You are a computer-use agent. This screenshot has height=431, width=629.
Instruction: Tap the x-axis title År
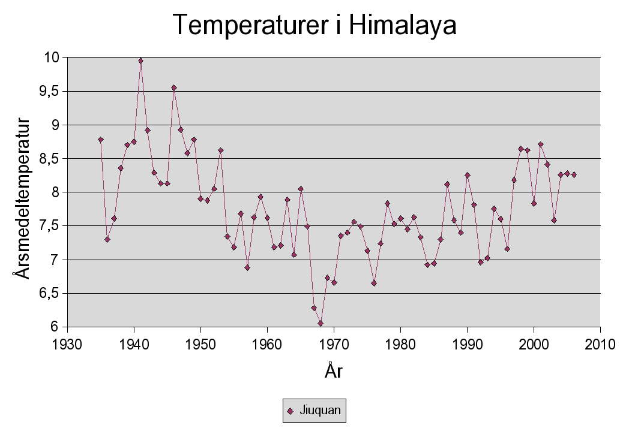333,370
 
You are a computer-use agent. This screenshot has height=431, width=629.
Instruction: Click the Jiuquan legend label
320,411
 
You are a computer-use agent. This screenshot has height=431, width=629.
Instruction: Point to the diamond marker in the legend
290,411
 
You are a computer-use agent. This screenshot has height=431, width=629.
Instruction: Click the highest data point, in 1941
140,61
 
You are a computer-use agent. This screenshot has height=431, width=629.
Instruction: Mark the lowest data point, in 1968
321,323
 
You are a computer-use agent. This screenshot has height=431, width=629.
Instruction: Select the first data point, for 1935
101,140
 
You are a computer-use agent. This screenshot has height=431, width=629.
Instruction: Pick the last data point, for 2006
574,174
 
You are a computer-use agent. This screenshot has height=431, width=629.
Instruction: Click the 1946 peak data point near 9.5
174,88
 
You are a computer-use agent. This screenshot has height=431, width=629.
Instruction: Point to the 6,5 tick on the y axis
50,293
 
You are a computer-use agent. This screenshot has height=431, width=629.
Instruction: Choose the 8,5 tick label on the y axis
50,158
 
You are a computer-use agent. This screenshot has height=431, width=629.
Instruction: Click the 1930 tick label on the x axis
67,345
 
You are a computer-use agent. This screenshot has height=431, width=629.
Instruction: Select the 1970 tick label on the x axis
334,345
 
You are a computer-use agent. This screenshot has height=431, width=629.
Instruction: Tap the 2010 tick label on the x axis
600,345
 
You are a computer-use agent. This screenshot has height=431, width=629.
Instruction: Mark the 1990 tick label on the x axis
467,345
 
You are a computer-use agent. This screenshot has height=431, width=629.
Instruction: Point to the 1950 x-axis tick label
200,345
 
